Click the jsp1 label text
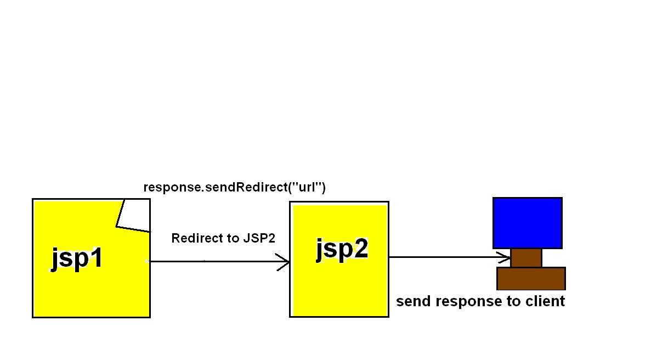[x=77, y=257]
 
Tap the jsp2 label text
[x=342, y=249]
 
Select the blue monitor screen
[x=527, y=223]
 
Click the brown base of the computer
[x=530, y=278]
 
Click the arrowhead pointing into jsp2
[x=285, y=262]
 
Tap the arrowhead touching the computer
[x=506, y=257]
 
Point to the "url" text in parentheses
[x=307, y=187]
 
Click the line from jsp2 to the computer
[x=444, y=257]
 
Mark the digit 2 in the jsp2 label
[x=360, y=249]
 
